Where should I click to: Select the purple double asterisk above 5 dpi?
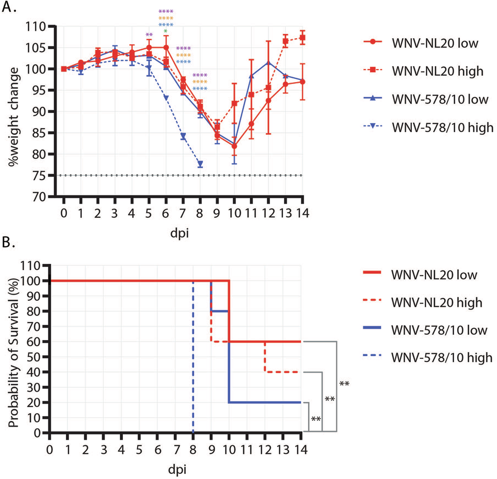[149, 36]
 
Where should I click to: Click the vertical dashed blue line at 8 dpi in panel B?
[194, 366]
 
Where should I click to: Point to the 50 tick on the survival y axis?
[39, 357]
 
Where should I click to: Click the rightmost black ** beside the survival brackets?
[344, 385]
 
